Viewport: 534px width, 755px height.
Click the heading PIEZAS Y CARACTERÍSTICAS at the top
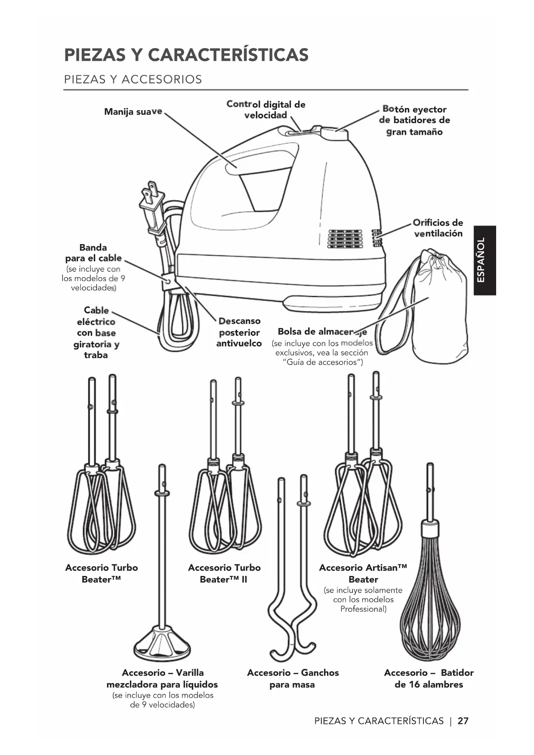tap(186, 55)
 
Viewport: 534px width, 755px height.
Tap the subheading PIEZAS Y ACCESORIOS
tap(133, 80)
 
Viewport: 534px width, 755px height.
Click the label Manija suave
tap(133, 112)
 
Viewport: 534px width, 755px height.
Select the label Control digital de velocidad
tap(265, 110)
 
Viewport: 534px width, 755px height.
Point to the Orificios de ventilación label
tap(438, 228)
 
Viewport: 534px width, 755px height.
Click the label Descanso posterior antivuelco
tap(239, 332)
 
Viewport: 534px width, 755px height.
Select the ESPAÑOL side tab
tap(485, 260)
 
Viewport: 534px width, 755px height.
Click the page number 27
tap(463, 721)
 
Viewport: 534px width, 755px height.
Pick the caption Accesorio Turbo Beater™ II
tap(224, 573)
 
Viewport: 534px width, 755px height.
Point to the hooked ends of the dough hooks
tap(292, 644)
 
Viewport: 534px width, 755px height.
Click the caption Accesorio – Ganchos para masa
tap(293, 678)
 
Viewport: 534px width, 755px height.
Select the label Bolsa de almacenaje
tap(322, 331)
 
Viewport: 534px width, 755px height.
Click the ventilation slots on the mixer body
tap(345, 238)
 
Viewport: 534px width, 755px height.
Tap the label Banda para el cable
tap(93, 253)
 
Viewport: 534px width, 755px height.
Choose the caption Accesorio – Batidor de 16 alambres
tap(429, 678)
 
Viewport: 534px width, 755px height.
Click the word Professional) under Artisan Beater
tap(363, 609)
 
